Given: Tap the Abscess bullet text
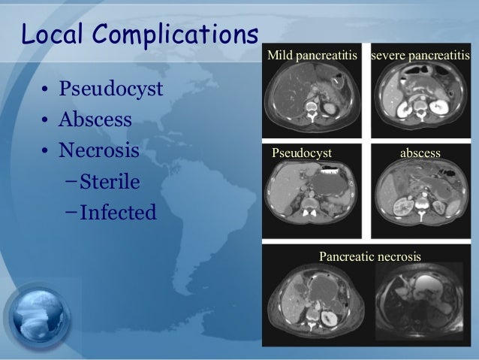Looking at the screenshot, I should [x=96, y=120].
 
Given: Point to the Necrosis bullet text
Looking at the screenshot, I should [x=100, y=150].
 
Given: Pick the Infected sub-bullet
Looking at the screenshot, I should [x=118, y=213].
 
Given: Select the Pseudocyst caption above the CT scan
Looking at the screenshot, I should [x=301, y=153].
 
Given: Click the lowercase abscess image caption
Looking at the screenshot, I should [x=420, y=153].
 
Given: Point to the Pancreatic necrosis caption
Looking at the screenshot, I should [x=370, y=257].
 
